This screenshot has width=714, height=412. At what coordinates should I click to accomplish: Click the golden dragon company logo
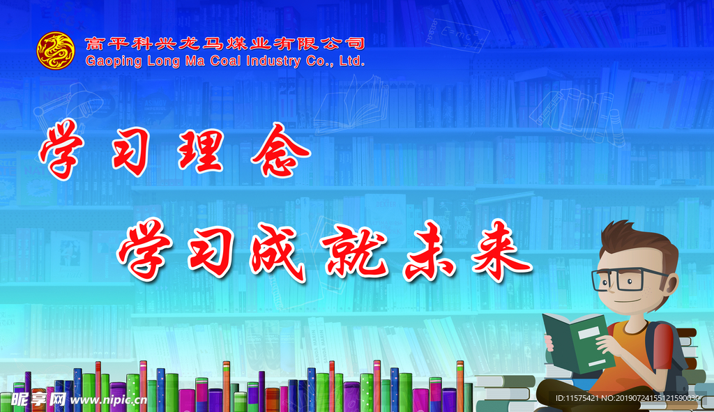click(x=56, y=50)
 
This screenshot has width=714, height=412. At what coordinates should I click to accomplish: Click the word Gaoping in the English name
click(x=114, y=61)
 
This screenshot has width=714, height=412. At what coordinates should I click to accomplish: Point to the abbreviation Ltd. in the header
click(x=352, y=61)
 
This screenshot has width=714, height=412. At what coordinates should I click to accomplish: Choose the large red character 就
click(x=354, y=250)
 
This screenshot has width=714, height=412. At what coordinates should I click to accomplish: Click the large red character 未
click(x=429, y=251)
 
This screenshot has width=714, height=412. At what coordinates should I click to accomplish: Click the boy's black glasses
click(x=628, y=279)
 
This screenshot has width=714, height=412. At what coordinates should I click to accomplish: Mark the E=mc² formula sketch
click(x=457, y=36)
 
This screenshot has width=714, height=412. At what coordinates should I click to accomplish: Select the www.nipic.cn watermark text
click(x=109, y=400)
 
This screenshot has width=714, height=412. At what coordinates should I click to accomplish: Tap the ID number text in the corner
click(x=628, y=398)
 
